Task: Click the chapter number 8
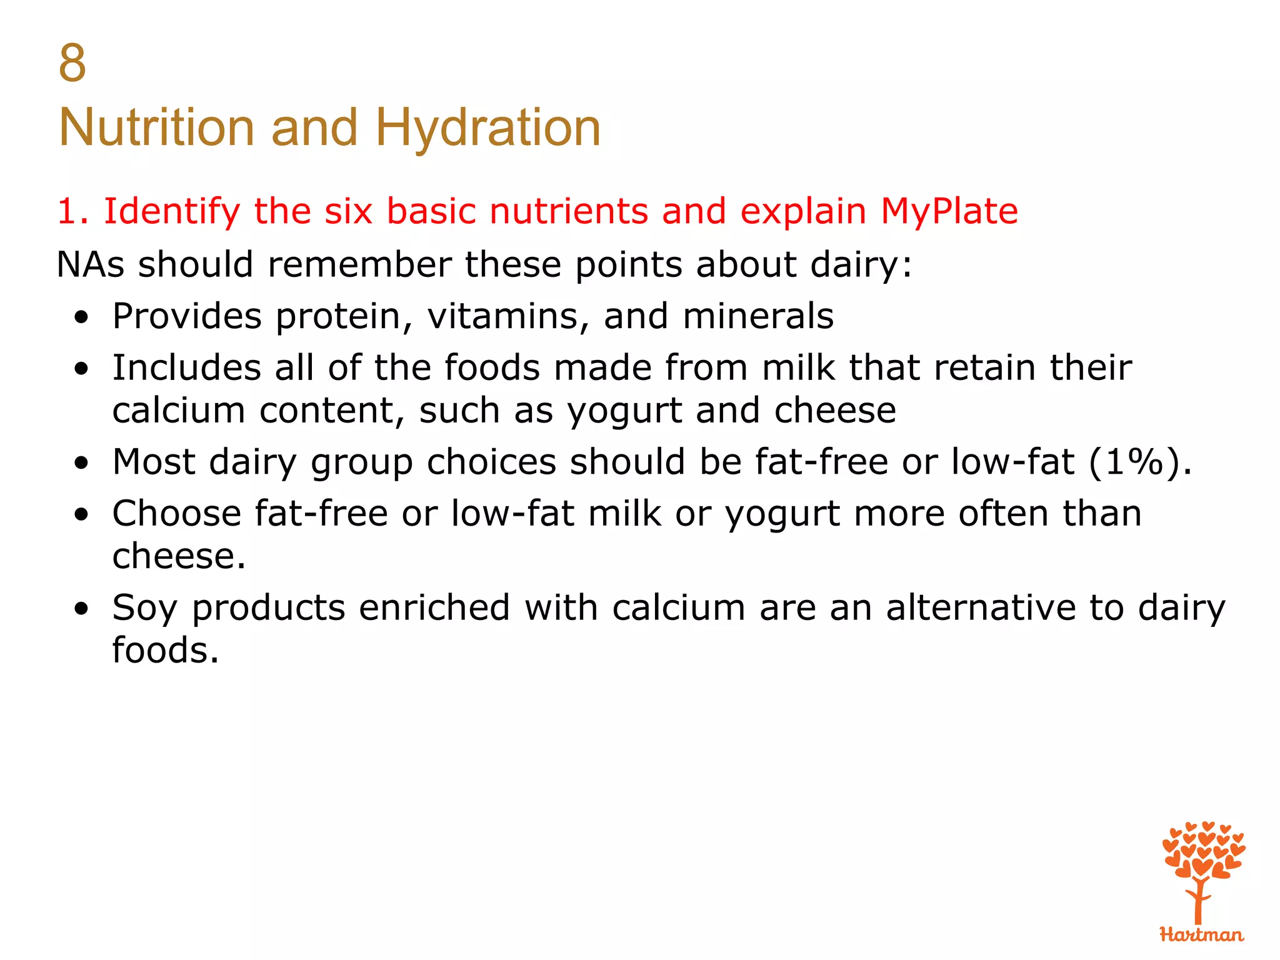(x=72, y=63)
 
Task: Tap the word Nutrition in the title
(x=156, y=128)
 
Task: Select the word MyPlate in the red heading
(x=949, y=211)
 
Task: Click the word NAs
(x=91, y=264)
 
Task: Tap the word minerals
(x=757, y=316)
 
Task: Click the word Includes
(x=186, y=367)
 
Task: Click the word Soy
(x=144, y=608)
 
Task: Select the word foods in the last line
(x=166, y=651)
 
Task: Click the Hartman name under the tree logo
(x=1201, y=935)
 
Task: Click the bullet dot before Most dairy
(x=81, y=464)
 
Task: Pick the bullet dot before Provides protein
(x=81, y=317)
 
